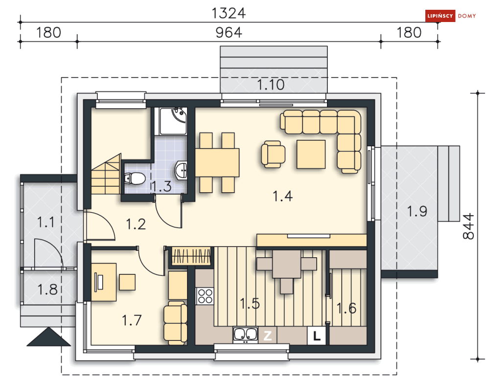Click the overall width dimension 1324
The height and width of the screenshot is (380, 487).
point(229,13)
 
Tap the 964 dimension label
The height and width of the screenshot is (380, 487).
point(229,33)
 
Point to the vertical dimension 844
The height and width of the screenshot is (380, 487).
point(469,226)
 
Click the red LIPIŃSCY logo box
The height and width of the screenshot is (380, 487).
point(441,16)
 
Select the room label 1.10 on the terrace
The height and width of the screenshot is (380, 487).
point(271,85)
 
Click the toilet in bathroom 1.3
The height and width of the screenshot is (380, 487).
point(135,178)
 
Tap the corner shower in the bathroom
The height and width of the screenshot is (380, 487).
point(173,121)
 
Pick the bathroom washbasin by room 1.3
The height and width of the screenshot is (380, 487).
point(181,171)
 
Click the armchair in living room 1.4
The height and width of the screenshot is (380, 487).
point(273,154)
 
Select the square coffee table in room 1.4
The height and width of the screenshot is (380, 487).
point(311,154)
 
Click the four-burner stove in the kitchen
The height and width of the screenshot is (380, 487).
point(205,296)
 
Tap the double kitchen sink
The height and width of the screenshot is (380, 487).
point(245,335)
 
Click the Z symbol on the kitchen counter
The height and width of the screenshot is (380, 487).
point(267,335)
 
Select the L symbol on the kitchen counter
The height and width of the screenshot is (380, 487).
point(317,336)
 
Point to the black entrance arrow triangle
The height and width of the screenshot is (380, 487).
point(49,336)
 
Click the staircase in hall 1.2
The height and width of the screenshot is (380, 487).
point(106,174)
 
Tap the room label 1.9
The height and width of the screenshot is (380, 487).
point(417,211)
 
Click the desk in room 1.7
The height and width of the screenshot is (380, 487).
point(104,282)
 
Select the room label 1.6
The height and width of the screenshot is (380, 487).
point(347,308)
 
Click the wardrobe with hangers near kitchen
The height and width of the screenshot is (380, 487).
point(191,256)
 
